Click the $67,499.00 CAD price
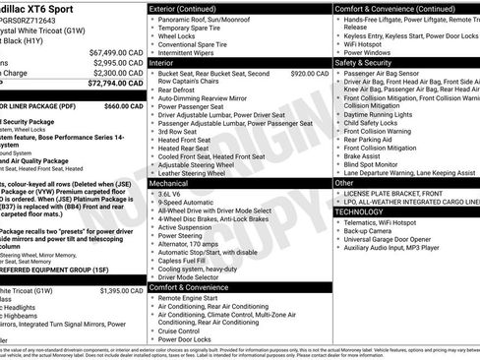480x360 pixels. point(117,51)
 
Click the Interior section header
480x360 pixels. point(168,61)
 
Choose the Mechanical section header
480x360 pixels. point(174,183)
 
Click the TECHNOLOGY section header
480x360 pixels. point(366,211)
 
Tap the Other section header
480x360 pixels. point(345,183)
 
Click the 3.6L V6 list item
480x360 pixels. point(171,195)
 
